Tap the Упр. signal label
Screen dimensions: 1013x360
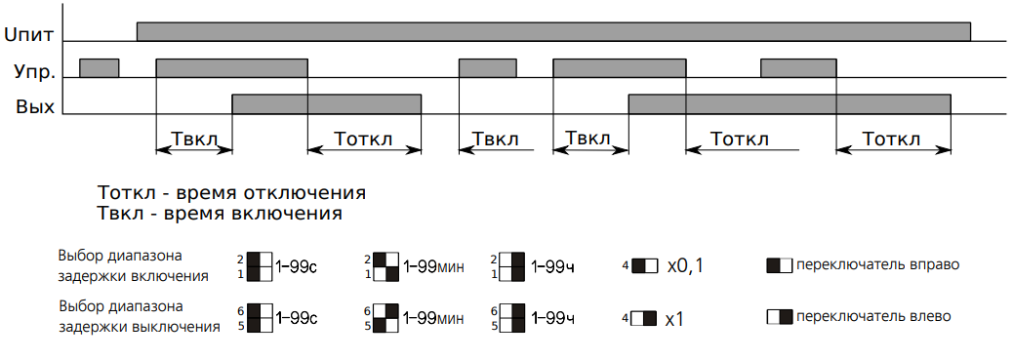coord(34,71)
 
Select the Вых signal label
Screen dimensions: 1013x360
coord(35,106)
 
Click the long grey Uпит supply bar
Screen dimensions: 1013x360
coord(553,31)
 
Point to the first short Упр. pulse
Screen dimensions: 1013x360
coord(100,68)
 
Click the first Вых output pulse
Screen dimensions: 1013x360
coord(327,104)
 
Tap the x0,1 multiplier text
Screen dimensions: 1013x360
coord(683,265)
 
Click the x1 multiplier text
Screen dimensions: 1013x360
coord(674,318)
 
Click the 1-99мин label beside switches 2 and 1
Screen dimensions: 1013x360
coord(433,265)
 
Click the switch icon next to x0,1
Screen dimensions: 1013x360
coord(645,265)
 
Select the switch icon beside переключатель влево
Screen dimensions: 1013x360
coord(780,317)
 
